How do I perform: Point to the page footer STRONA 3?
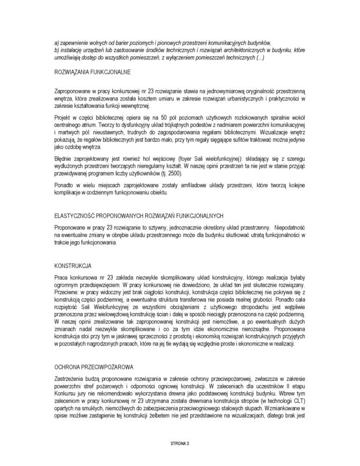click(179, 443)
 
